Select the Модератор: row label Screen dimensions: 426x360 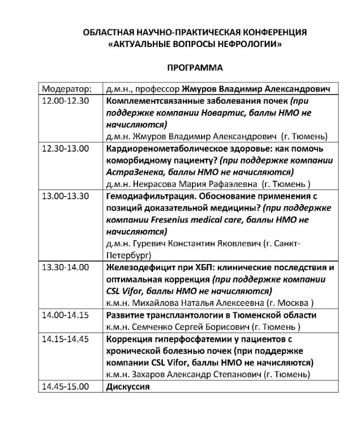[66, 90]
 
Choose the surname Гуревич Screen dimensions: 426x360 [148, 244]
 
